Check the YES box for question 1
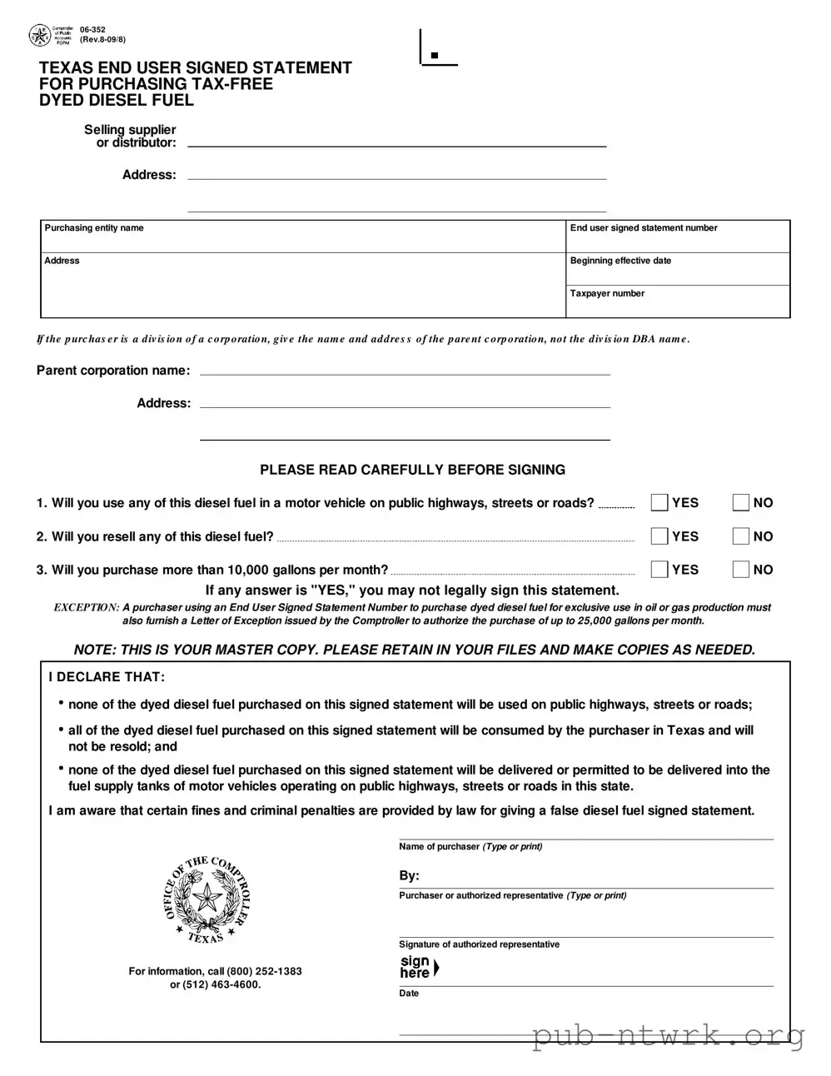[659, 502]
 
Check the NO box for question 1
[740, 502]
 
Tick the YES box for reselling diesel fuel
[659, 536]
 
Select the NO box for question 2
[740, 536]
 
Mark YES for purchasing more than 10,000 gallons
[659, 570]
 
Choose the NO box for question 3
[740, 570]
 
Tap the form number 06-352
[92, 30]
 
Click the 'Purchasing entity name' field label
[94, 228]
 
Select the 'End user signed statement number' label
[644, 228]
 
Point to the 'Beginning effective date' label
[620, 261]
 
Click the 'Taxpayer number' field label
[607, 293]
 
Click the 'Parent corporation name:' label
[113, 371]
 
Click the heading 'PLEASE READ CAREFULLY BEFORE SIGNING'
[412, 470]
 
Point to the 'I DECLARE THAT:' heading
[107, 677]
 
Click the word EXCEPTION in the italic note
[87, 608]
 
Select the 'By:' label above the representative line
[409, 876]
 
